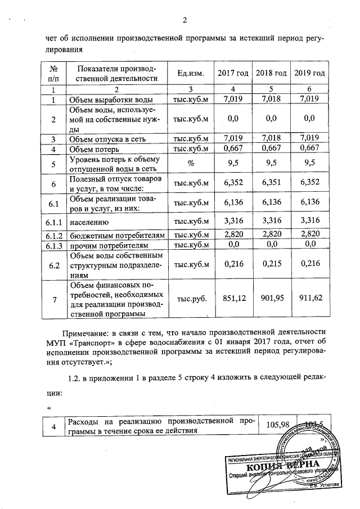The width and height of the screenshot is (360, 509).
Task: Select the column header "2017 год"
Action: (x=233, y=74)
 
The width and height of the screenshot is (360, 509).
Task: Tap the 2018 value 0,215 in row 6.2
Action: (x=271, y=263)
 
